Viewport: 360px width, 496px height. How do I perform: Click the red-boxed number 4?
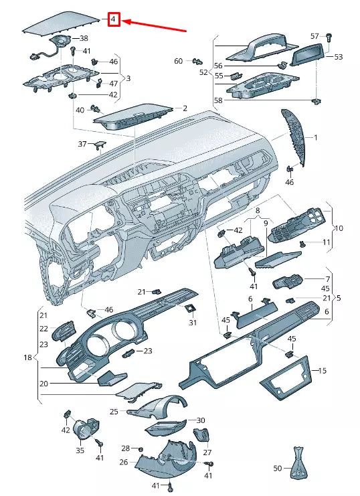[114, 19]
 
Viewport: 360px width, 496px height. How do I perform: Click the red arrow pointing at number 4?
[154, 26]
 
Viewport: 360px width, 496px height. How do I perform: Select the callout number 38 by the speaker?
[84, 39]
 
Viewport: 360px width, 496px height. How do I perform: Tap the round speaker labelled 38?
[62, 41]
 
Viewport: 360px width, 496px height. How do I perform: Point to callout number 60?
[179, 61]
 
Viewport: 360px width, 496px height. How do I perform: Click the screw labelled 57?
[329, 38]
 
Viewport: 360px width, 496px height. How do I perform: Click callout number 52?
[203, 72]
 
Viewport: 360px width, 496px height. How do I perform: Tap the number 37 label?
[82, 144]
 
